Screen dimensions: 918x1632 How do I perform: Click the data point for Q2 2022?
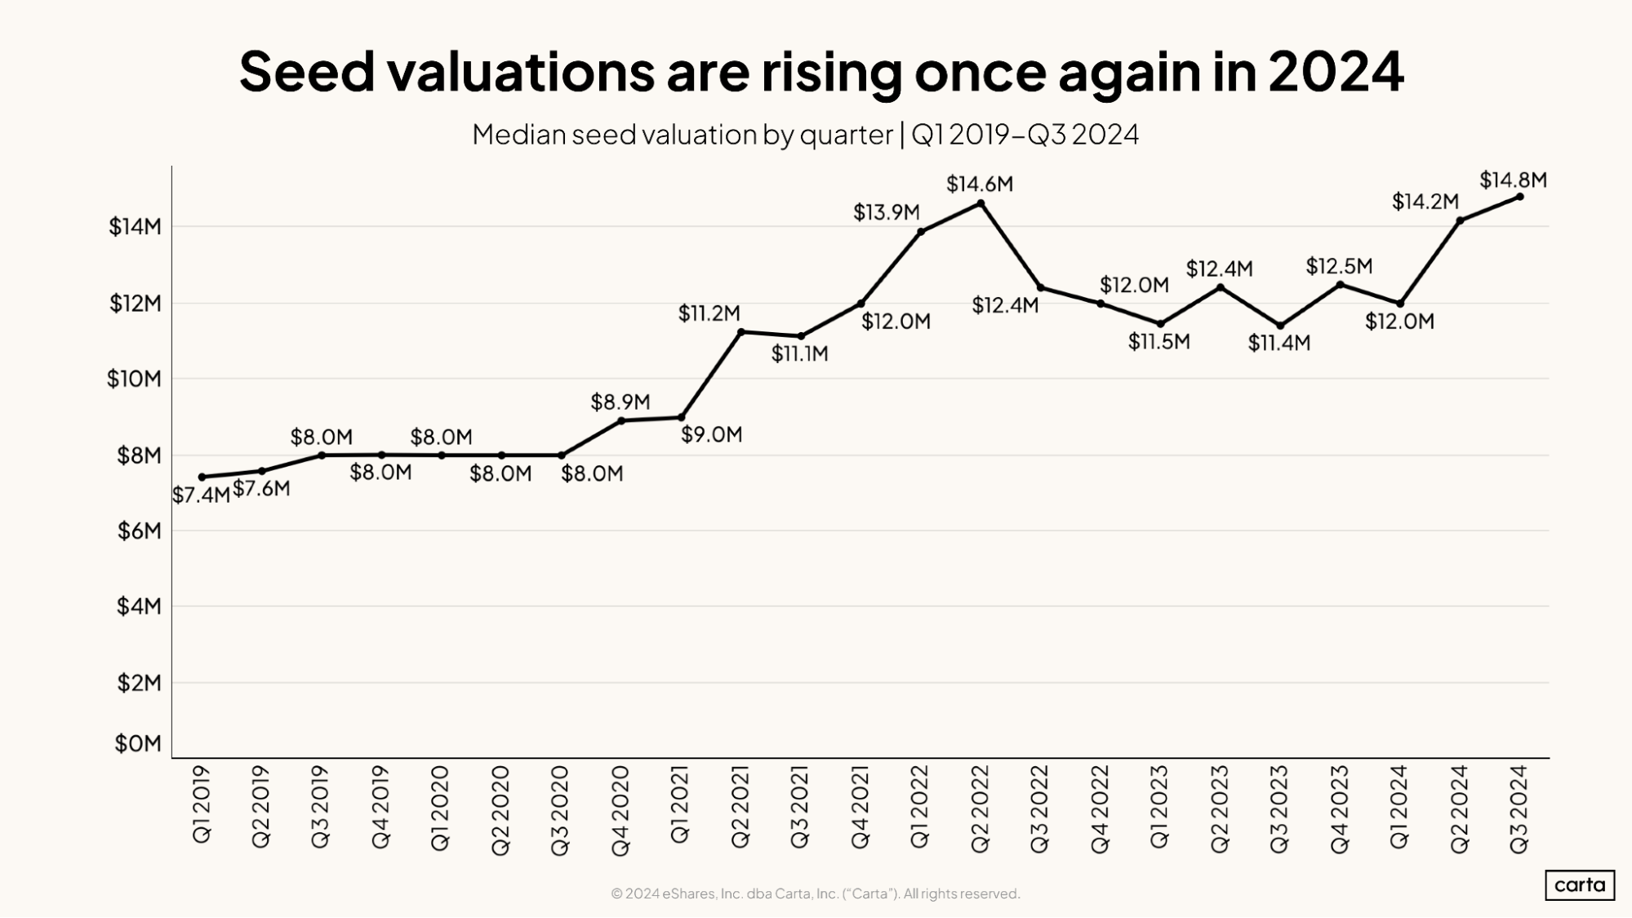coord(981,203)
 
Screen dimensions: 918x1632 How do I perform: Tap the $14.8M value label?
coord(1513,180)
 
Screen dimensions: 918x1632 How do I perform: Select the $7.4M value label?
coord(201,495)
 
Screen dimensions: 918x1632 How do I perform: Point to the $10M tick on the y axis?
coord(135,379)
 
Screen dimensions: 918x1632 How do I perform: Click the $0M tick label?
coord(139,743)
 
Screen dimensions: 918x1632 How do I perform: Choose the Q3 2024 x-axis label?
coord(1519,809)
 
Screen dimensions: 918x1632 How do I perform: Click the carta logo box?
coord(1579,885)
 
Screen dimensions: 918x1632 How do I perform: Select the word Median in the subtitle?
coord(518,134)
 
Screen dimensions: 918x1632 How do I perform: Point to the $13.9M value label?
coord(887,212)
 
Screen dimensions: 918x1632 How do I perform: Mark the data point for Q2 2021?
coord(740,331)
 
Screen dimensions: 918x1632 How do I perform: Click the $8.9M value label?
coord(620,401)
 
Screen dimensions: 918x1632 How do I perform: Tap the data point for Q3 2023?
coord(1280,326)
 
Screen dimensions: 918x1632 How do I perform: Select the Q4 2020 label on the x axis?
coord(620,810)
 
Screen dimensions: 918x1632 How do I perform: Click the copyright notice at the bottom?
coord(815,894)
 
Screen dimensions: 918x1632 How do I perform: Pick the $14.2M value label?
coord(1425,201)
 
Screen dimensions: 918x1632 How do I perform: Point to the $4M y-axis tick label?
coord(139,606)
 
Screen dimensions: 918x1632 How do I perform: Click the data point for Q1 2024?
coord(1400,304)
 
